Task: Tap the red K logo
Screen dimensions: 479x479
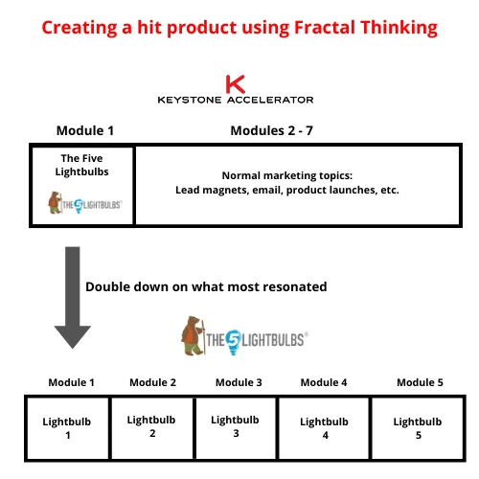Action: pyautogui.click(x=235, y=83)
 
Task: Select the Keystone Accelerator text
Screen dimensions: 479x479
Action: pyautogui.click(x=235, y=99)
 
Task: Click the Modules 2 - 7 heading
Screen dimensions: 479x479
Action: pyautogui.click(x=271, y=131)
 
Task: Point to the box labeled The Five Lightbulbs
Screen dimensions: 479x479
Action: pyautogui.click(x=82, y=185)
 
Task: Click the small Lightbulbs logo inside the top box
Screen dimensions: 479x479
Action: pyautogui.click(x=83, y=202)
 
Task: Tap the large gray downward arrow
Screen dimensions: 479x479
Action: pyautogui.click(x=73, y=297)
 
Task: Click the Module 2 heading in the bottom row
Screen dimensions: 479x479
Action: pyautogui.click(x=152, y=382)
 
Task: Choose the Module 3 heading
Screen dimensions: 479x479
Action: pyautogui.click(x=239, y=382)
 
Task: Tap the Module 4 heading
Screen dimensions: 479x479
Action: pyautogui.click(x=325, y=382)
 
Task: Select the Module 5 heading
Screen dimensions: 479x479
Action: pyautogui.click(x=420, y=382)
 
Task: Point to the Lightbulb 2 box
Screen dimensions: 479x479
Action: pyautogui.click(x=152, y=426)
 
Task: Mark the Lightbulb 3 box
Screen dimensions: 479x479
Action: pyautogui.click(x=236, y=426)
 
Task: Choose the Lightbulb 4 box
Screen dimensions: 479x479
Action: pyautogui.click(x=325, y=427)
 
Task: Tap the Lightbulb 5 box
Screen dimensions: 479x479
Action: pyautogui.click(x=418, y=427)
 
